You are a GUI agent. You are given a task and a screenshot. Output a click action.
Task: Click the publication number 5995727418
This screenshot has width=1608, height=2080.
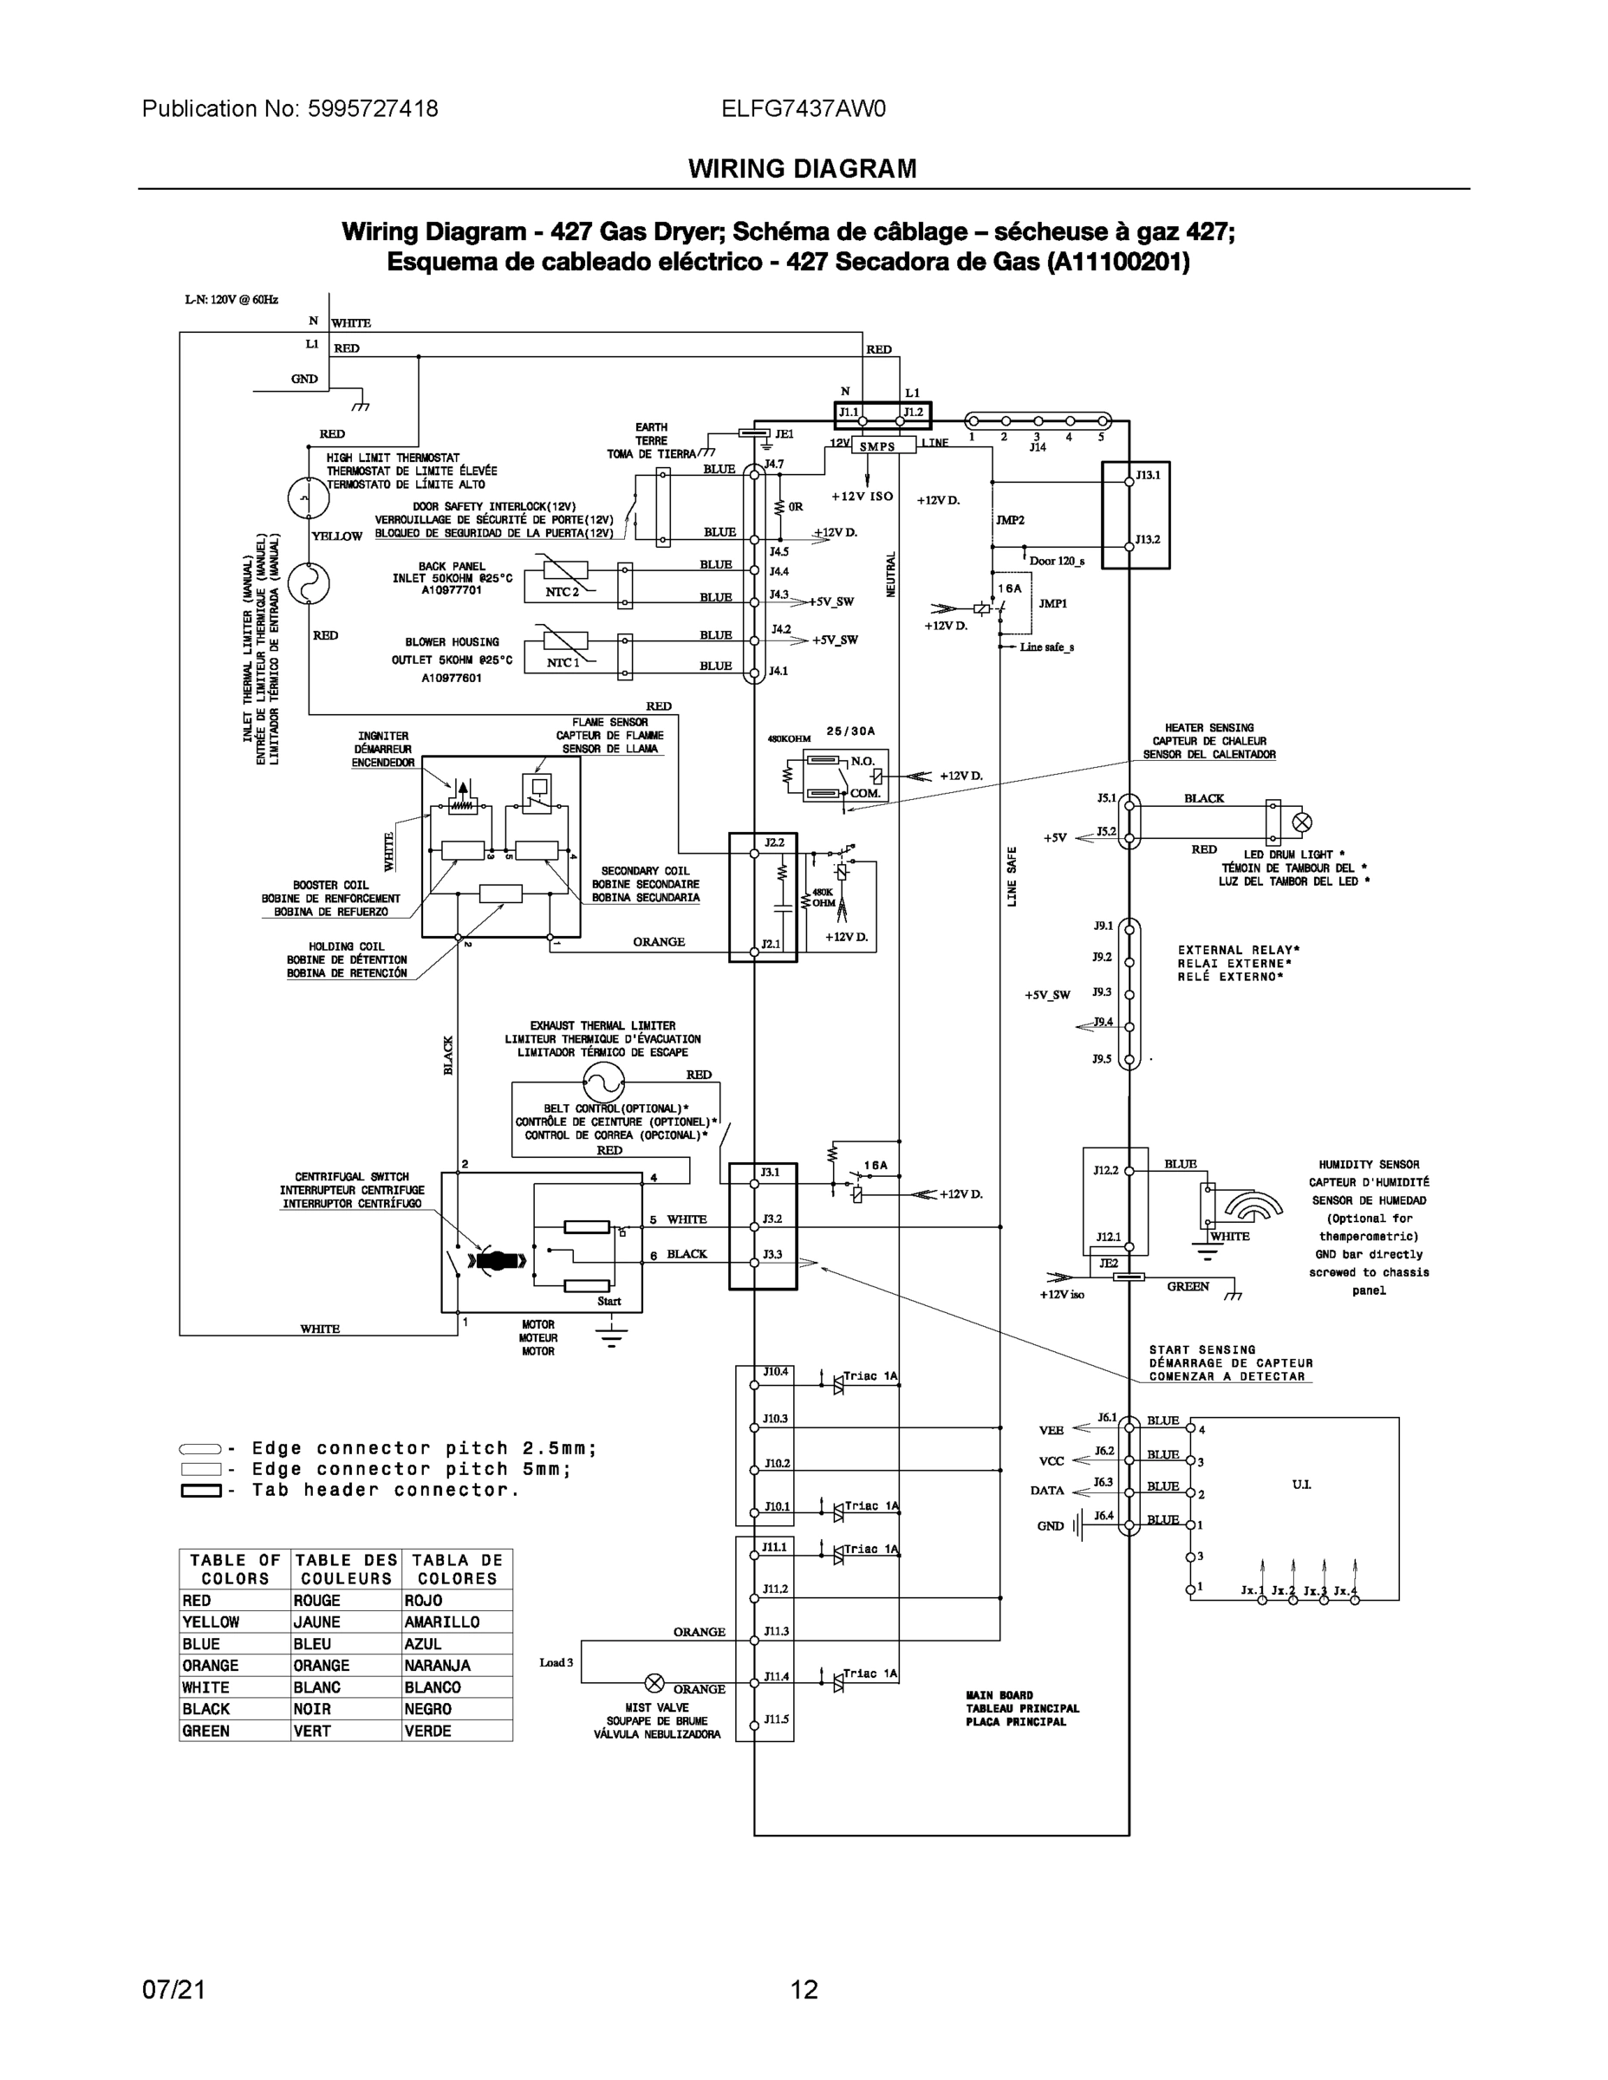(x=373, y=108)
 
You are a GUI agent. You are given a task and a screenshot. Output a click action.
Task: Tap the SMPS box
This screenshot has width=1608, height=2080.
(x=877, y=446)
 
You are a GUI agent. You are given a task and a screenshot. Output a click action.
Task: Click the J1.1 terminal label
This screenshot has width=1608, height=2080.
(x=849, y=413)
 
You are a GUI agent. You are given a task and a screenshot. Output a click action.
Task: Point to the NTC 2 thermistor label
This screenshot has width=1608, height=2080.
(x=561, y=591)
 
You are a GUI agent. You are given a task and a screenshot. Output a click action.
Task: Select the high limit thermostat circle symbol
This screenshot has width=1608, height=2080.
(x=308, y=498)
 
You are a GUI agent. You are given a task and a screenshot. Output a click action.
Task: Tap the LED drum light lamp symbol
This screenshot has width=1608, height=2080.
(x=1301, y=822)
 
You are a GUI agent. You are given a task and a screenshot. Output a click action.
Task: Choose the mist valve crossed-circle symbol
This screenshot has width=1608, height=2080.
(x=654, y=1681)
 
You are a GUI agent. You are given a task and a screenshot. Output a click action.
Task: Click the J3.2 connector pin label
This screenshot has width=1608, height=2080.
(x=771, y=1218)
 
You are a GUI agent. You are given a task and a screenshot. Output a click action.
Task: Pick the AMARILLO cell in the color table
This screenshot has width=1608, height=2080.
(x=441, y=1622)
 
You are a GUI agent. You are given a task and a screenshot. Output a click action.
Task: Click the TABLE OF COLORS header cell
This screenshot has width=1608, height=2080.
(x=234, y=1569)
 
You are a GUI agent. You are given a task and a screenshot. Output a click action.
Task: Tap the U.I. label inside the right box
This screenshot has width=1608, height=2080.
(x=1301, y=1484)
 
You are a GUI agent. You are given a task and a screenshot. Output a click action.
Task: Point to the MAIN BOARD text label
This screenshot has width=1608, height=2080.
(x=999, y=1695)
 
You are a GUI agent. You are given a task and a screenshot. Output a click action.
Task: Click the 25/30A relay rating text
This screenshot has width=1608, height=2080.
(x=850, y=731)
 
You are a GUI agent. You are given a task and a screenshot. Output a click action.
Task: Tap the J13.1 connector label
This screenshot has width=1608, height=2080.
(x=1148, y=474)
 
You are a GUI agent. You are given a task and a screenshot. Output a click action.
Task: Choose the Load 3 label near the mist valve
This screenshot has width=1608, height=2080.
(x=557, y=1662)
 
